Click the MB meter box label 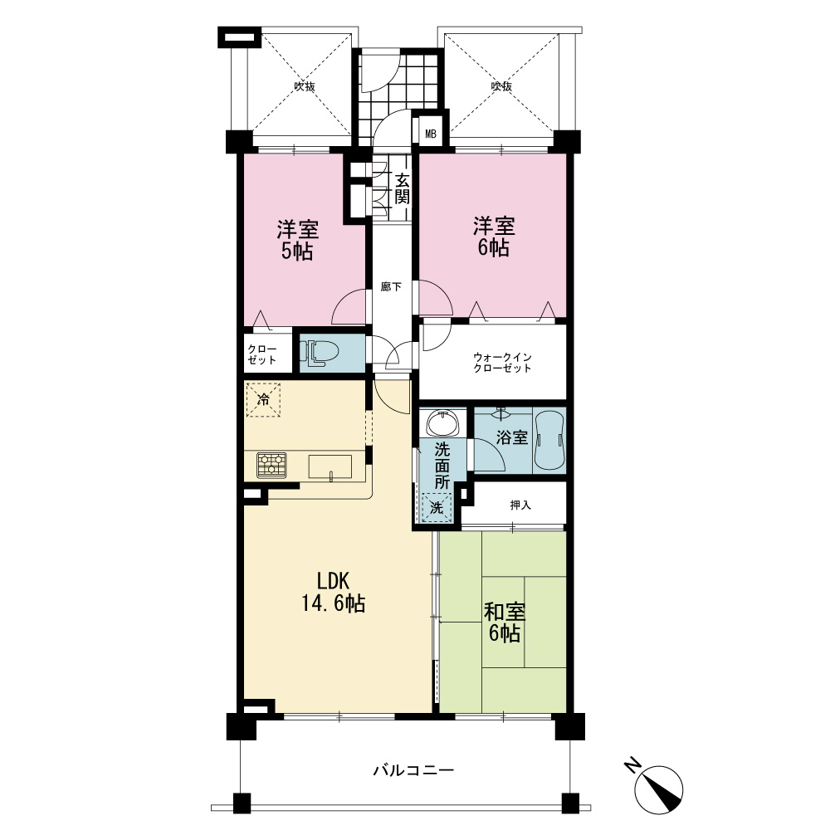431,134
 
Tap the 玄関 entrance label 403,189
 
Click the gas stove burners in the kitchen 271,466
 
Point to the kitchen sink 330,466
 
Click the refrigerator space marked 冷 262,400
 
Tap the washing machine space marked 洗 437,508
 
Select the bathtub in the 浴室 549,440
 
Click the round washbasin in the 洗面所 442,423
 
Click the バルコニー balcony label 413,769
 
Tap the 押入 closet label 520,505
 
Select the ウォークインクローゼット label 502,363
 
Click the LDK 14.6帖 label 334,592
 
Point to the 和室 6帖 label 505,622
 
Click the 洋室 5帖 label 297,240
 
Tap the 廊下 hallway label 391,287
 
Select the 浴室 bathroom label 512,437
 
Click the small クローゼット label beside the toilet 262,354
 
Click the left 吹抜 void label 305,85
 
